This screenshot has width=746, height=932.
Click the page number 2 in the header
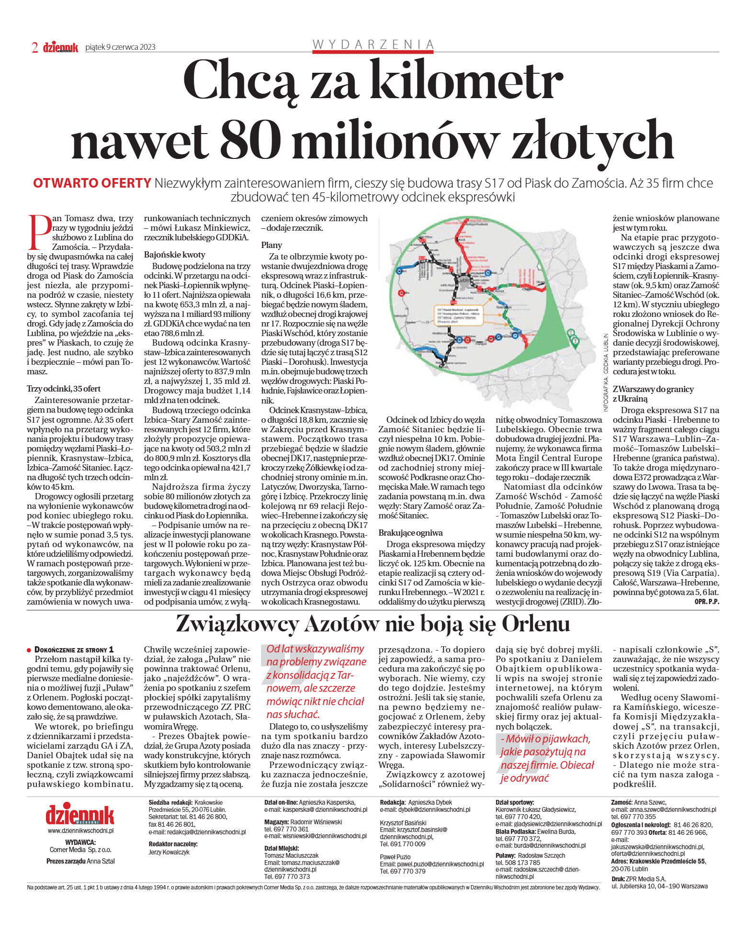coord(34,47)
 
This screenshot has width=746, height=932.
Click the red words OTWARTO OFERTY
coord(92,183)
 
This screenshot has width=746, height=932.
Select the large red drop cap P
coord(39,232)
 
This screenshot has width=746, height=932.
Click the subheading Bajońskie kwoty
coord(174,255)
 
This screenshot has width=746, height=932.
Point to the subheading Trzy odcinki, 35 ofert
coord(64,389)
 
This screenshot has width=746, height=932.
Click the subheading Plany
coord(271,245)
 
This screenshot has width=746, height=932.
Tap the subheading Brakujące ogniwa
coord(410,533)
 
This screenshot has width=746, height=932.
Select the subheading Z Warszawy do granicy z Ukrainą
coord(653,394)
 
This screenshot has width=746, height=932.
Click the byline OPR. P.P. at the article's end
coord(706,602)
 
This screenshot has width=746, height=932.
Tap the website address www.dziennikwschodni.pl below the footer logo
coord(80,831)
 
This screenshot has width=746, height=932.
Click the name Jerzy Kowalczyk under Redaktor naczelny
coord(169,853)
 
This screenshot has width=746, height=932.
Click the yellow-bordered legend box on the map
coord(458,316)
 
